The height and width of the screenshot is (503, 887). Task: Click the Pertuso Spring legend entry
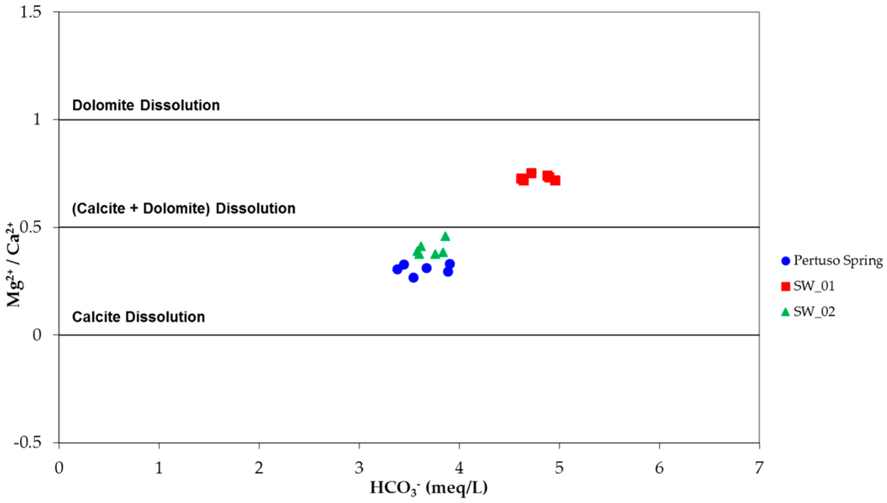tap(831, 260)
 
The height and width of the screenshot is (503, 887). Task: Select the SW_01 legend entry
tap(808, 286)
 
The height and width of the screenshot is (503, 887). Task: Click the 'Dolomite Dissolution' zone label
tap(146, 105)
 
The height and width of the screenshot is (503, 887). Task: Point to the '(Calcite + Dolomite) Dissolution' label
tap(183, 209)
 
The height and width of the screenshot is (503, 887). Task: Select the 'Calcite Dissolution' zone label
tap(138, 317)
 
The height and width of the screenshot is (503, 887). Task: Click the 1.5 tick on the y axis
tap(30, 12)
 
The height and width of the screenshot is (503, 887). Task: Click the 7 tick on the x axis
tap(759, 468)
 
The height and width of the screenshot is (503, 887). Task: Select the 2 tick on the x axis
tap(259, 468)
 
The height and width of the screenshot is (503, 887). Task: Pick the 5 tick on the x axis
tap(559, 468)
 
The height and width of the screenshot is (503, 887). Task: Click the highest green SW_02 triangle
tap(446, 236)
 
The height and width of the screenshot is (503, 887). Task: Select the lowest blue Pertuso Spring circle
tap(413, 277)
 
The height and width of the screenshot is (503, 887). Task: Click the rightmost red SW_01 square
tap(555, 180)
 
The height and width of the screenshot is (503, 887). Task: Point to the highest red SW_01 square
tap(531, 173)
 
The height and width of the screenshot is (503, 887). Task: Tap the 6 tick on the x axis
tap(659, 468)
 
